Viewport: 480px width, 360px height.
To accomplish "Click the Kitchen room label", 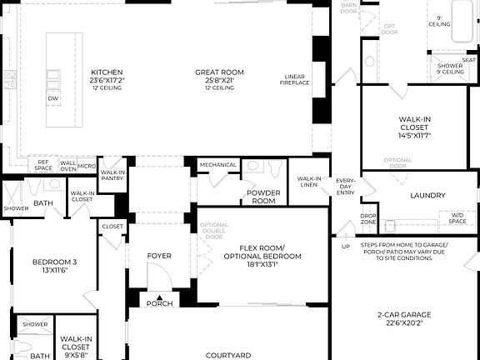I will point(107,72).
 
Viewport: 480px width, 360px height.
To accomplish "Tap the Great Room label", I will point(219,72).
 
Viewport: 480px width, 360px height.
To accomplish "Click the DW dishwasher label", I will point(52,98).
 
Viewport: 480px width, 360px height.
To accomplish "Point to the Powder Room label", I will point(263,197).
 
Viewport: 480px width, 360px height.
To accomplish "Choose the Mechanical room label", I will point(217,165).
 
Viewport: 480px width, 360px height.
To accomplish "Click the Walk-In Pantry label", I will point(112,174).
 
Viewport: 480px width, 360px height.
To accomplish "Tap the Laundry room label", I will point(427,197).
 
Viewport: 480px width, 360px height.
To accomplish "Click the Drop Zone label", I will point(367,220).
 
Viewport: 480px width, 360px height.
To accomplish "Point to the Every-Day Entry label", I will point(345,187).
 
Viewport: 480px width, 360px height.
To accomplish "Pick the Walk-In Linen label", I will point(309,182).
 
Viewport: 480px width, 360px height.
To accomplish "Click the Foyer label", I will point(159,255).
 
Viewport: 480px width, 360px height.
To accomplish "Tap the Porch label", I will point(159,303).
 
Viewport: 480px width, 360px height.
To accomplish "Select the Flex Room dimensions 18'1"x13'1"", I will point(262,264).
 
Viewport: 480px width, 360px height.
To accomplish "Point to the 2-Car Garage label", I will point(403,314).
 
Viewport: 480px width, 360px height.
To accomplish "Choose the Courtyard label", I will point(228,355).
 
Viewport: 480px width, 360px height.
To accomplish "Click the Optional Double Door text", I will point(213,231).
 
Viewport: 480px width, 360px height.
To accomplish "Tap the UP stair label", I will point(346,247).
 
